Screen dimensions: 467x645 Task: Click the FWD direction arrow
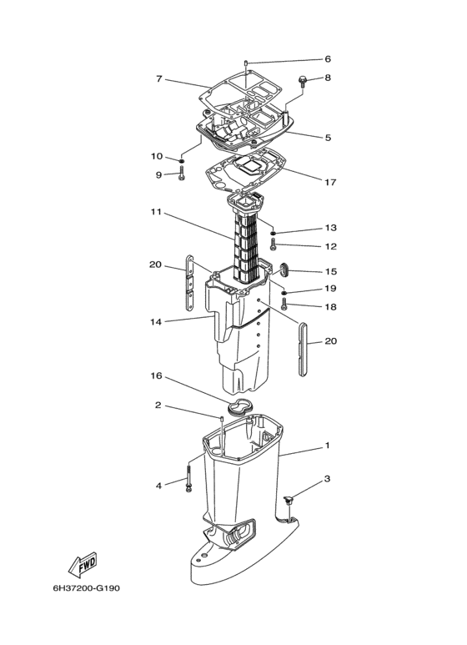click(83, 564)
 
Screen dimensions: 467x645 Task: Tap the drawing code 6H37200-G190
click(87, 587)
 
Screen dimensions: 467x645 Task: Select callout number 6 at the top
click(328, 59)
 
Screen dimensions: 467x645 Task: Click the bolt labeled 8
click(303, 81)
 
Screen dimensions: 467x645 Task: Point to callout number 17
click(330, 182)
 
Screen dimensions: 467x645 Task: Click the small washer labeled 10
click(181, 160)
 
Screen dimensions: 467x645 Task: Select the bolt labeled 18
click(284, 304)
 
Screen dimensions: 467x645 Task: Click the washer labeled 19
click(284, 293)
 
